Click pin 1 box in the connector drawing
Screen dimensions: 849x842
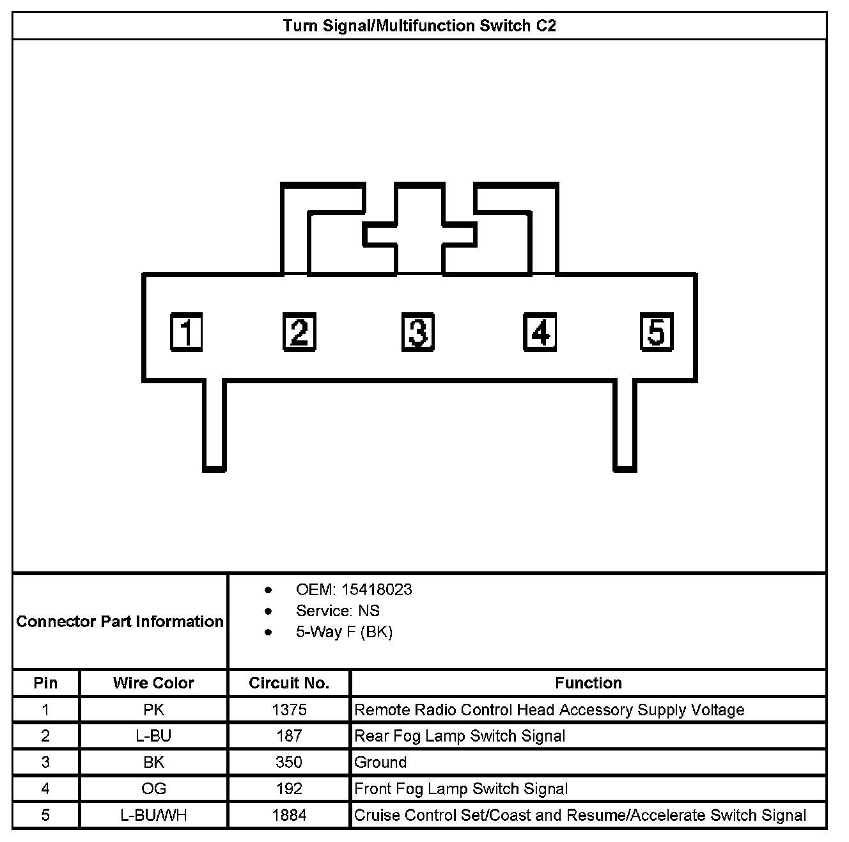pyautogui.click(x=186, y=332)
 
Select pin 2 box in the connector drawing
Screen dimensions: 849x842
pyautogui.click(x=299, y=332)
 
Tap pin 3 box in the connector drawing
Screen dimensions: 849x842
pyautogui.click(x=418, y=332)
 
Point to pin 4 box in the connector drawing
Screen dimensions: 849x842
pyautogui.click(x=540, y=332)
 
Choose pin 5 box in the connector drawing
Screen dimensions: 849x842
pyautogui.click(x=657, y=332)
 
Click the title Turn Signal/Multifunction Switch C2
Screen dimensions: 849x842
pyautogui.click(x=419, y=26)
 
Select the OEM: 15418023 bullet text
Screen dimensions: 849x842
pyautogui.click(x=354, y=589)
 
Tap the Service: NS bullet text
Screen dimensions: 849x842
pyautogui.click(x=338, y=610)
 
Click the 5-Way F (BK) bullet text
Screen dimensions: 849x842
pyautogui.click(x=344, y=632)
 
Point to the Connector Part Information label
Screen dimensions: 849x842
pyautogui.click(x=120, y=621)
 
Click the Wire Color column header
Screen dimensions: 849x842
pyautogui.click(x=153, y=683)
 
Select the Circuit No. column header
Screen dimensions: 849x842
pyautogui.click(x=289, y=683)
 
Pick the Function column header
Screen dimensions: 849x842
pyautogui.click(x=588, y=683)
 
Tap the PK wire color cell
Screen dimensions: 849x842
pyautogui.click(x=153, y=710)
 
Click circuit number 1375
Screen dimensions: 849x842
pyautogui.click(x=289, y=710)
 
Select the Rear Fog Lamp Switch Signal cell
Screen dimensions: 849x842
pyautogui.click(x=460, y=736)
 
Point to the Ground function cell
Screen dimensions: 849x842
pyautogui.click(x=380, y=762)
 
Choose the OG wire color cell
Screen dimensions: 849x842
pyautogui.click(x=153, y=789)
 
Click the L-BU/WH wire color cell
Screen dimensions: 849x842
pyautogui.click(x=153, y=815)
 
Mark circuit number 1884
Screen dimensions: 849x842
pyautogui.click(x=289, y=815)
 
